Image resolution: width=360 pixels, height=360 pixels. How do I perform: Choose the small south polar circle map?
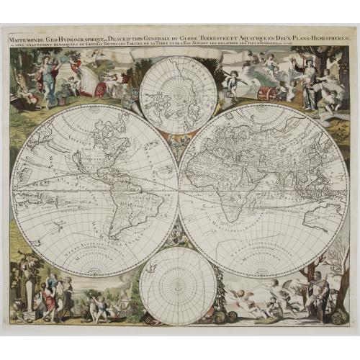178,286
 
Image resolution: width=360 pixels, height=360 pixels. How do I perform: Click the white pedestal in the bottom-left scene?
28,295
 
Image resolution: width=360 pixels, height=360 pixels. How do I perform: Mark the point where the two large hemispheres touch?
178,191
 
